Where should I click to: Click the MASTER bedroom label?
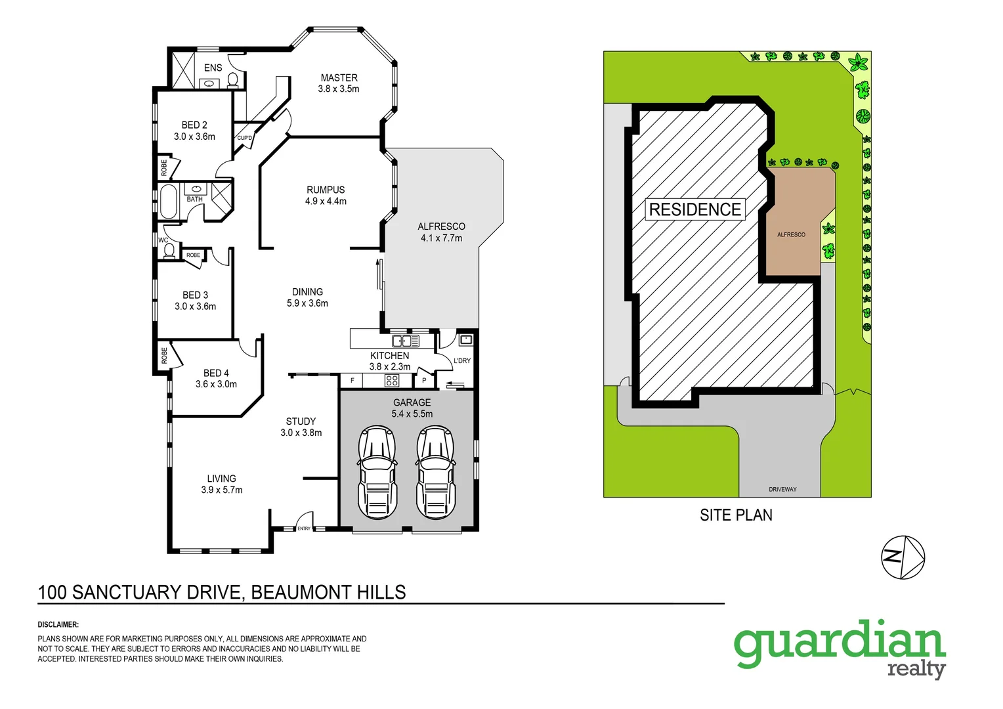[339, 77]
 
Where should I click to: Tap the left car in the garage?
[377, 472]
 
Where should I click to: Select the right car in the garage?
[435, 472]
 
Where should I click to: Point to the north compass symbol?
[903, 557]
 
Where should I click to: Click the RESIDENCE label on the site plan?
[695, 209]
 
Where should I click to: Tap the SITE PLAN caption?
[736, 515]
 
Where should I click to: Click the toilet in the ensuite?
[232, 80]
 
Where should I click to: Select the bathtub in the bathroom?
[168, 202]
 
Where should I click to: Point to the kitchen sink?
[406, 341]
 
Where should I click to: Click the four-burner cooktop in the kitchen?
[392, 380]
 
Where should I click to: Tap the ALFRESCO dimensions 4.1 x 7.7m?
[441, 238]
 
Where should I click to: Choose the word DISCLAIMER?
[58, 625]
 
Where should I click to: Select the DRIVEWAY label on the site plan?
[782, 489]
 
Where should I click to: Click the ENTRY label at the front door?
[304, 528]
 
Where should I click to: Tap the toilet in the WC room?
[169, 251]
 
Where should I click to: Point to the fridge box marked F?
[352, 380]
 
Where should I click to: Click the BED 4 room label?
[216, 373]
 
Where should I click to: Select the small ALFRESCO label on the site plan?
[791, 234]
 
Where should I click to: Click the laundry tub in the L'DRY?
[465, 340]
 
